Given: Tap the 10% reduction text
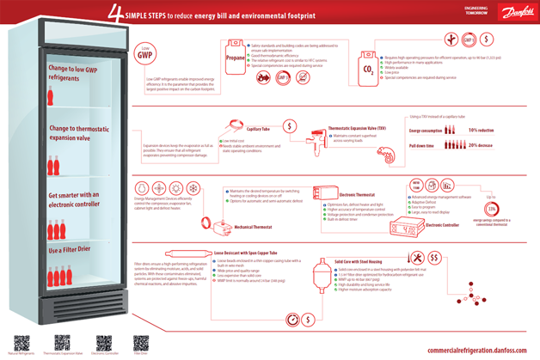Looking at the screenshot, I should coord(481,131).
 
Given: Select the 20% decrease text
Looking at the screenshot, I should coord(481,146).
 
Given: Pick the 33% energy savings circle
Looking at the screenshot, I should coord(492,210).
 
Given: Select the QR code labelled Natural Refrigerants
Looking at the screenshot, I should coord(22,342).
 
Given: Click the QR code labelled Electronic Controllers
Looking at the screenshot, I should coord(104,342).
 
